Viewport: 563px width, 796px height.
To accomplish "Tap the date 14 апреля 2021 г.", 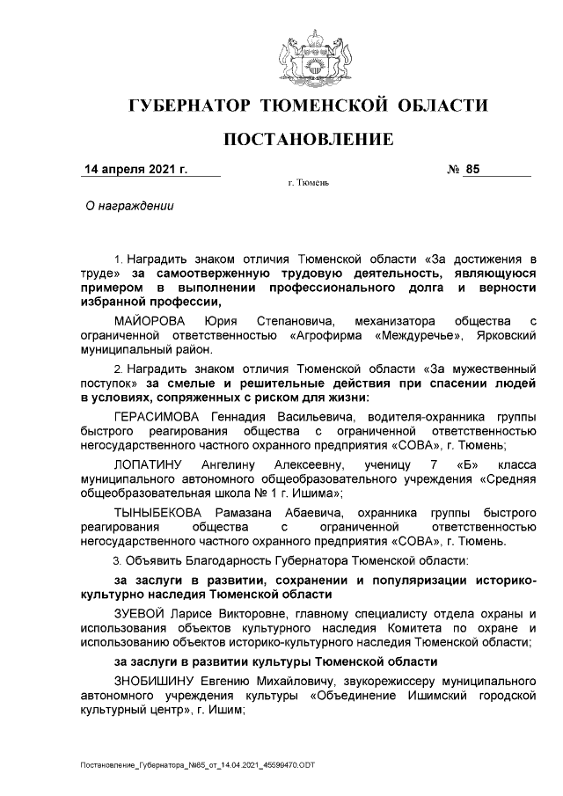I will click(135, 168).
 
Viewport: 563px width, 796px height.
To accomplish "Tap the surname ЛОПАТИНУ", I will click(149, 464).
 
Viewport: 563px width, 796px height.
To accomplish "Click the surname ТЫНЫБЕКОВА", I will click(163, 511).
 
